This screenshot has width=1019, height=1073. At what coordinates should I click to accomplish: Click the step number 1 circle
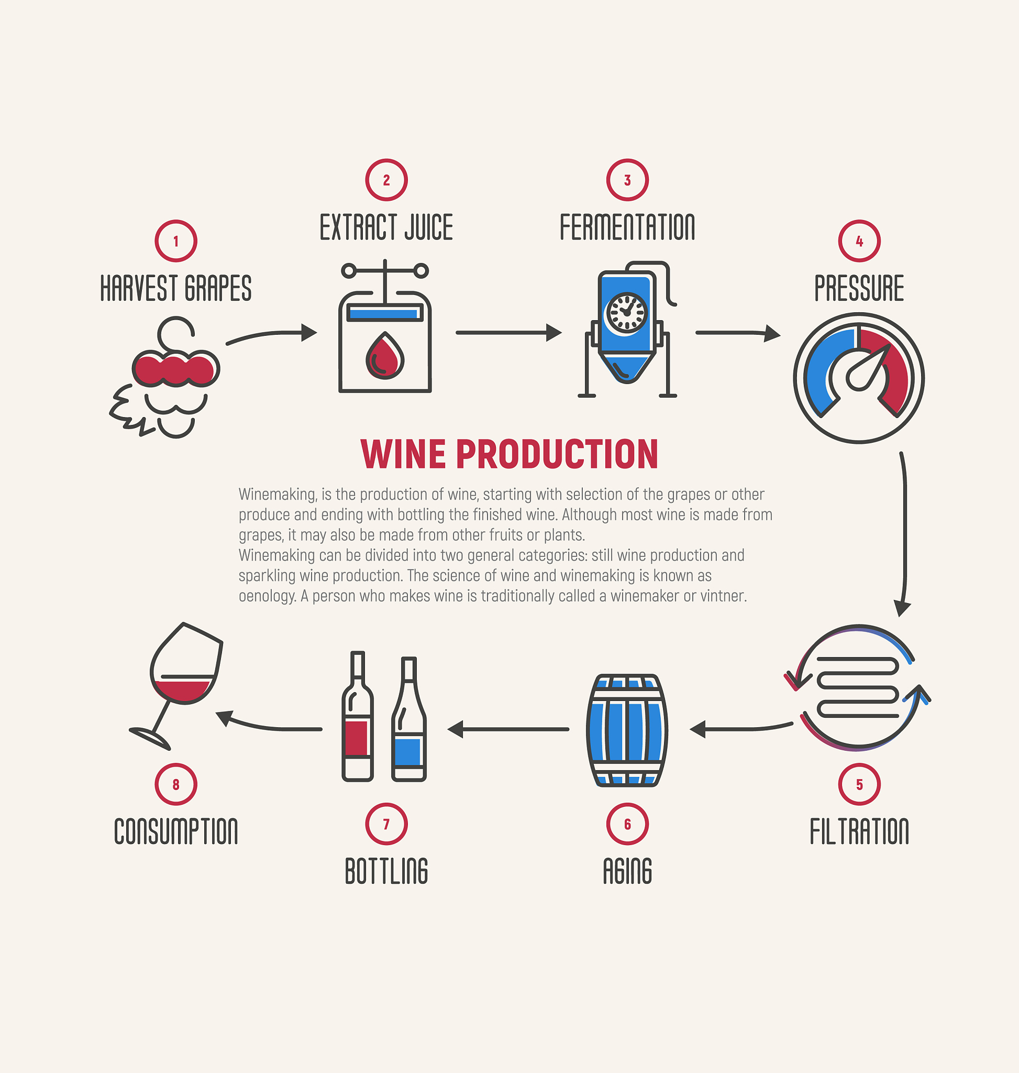[x=175, y=241]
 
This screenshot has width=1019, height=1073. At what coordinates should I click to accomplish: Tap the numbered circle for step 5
[x=859, y=784]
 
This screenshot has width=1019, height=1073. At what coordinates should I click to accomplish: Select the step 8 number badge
[x=175, y=784]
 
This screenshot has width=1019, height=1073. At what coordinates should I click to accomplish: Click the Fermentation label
[x=627, y=227]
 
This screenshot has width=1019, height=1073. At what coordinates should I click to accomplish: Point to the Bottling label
[x=386, y=871]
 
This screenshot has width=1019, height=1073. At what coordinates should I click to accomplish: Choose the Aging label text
[x=627, y=871]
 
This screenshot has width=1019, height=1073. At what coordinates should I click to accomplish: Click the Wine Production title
[x=509, y=454]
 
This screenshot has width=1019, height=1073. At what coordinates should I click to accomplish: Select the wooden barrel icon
[x=627, y=730]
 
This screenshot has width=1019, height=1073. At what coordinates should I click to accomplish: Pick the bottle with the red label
[x=358, y=716]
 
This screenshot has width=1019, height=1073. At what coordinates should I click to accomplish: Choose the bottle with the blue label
[x=409, y=719]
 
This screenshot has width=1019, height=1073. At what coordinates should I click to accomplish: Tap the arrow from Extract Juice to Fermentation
[x=509, y=332]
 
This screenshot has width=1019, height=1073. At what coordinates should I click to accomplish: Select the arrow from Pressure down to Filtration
[x=904, y=533]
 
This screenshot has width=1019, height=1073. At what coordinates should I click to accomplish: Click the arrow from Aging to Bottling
[x=508, y=729]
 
